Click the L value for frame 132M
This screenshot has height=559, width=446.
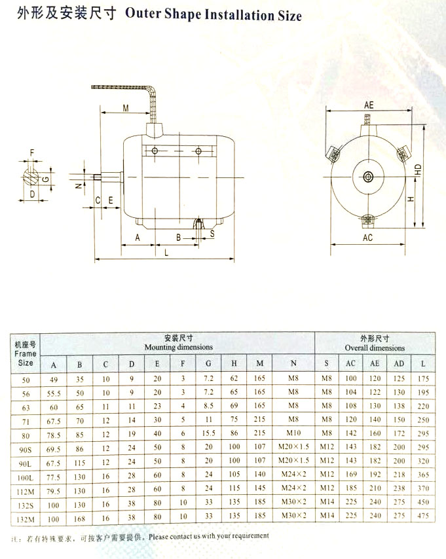click(x=423, y=516)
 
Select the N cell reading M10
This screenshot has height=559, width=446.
click(x=293, y=433)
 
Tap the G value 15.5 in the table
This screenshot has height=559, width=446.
click(x=208, y=433)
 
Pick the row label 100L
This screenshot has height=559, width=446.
click(x=26, y=478)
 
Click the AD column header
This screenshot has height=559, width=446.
click(x=399, y=364)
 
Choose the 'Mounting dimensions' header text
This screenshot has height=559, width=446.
click(x=178, y=347)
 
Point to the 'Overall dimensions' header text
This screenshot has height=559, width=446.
click(x=375, y=348)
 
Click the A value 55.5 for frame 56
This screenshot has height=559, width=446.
click(x=54, y=393)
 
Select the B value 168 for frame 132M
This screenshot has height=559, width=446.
click(x=79, y=518)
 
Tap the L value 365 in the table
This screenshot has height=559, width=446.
click(x=423, y=475)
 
